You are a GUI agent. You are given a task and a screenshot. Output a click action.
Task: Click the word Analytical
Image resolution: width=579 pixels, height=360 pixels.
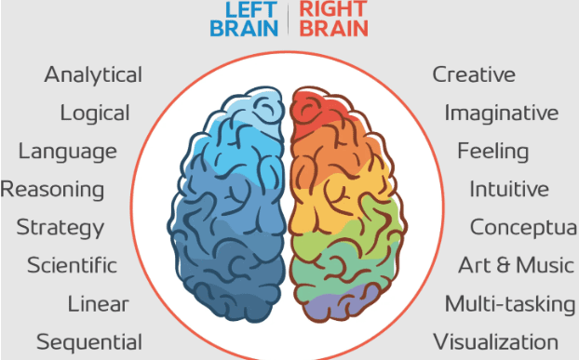93,74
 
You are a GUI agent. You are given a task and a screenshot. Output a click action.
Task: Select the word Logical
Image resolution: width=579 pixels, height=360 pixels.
94,113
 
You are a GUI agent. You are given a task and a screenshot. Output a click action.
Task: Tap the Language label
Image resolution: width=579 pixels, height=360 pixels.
68,152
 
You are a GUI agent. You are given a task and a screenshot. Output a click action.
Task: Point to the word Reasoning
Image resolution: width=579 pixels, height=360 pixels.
52,190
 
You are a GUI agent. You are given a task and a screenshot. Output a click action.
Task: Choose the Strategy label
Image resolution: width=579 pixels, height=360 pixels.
61,227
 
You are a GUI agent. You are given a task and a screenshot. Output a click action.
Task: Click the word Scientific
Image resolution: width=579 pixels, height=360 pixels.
72,265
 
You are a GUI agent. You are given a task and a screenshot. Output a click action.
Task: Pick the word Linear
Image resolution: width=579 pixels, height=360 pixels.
98,303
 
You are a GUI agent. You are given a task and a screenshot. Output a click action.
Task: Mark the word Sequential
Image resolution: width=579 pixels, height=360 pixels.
89,341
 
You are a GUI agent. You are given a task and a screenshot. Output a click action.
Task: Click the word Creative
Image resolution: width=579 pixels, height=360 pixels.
473,74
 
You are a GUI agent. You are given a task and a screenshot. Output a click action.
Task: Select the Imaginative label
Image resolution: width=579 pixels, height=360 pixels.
502,113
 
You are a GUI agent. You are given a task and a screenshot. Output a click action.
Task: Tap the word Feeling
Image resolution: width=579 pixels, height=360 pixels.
492,151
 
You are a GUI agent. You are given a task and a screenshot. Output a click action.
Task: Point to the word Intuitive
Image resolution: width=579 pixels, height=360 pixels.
509,190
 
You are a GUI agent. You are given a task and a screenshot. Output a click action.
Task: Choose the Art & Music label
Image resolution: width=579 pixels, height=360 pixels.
516,265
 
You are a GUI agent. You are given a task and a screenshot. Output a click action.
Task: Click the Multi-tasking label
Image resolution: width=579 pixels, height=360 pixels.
509,303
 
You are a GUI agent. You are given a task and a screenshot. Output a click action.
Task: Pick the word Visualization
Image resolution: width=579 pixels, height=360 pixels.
495,341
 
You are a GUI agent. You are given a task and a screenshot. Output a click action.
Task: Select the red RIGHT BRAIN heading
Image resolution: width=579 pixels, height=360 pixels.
333,18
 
